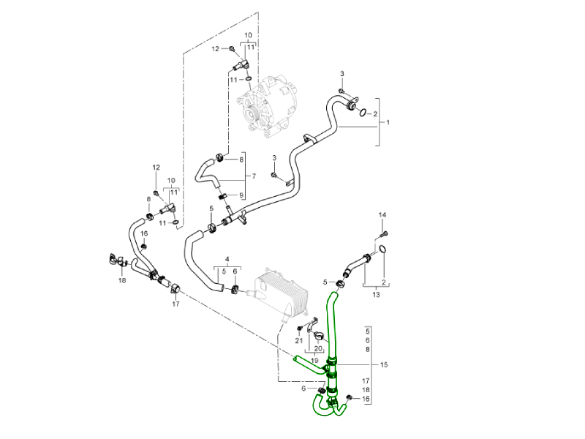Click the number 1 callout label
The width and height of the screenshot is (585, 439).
pos(388,122)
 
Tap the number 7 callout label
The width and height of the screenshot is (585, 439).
pos(254,176)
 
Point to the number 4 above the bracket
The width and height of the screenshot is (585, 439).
pos(228,260)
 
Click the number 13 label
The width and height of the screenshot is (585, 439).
pos(376,294)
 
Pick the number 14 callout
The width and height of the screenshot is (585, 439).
pos(382,214)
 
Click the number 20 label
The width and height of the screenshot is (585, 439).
pos(318,349)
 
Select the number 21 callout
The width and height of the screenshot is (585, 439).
pos(299,341)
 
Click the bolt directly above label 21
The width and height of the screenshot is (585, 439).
pos(300,329)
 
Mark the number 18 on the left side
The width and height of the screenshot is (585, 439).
pos(122,280)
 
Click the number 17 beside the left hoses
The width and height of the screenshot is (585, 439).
pos(175,304)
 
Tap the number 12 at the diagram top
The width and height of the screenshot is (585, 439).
pos(215,49)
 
